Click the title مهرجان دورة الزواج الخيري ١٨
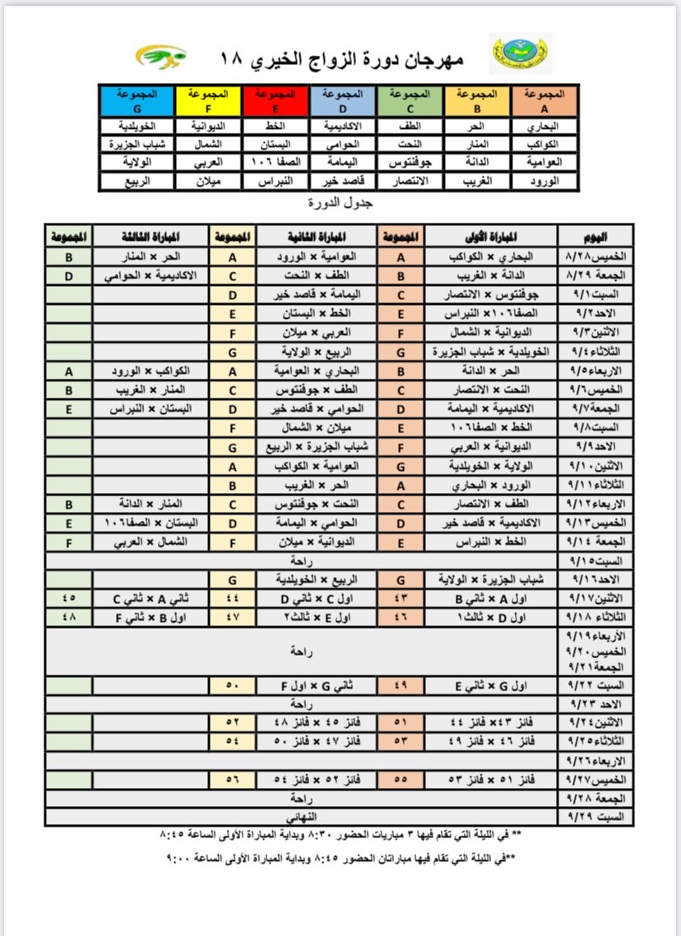tap(342, 58)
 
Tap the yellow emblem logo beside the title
tap(520, 54)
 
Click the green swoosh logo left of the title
tap(161, 57)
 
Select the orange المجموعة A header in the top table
tap(544, 100)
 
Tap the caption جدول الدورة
tap(339, 202)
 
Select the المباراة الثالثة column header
tap(151, 236)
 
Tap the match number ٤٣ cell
tap(401, 598)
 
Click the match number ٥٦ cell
tap(233, 778)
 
